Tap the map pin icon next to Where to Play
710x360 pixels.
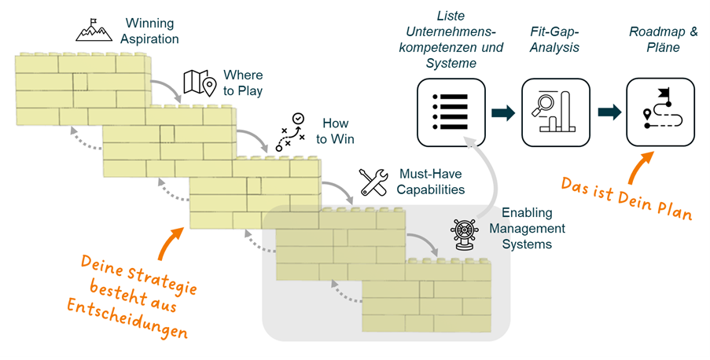click(x=199, y=83)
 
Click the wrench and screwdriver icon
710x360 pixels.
click(x=374, y=182)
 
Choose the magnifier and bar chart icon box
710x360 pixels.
click(x=554, y=112)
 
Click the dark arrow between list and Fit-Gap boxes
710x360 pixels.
click(x=502, y=112)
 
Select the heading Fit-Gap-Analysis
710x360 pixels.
click(x=554, y=39)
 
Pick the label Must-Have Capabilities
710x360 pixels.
click(x=430, y=182)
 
